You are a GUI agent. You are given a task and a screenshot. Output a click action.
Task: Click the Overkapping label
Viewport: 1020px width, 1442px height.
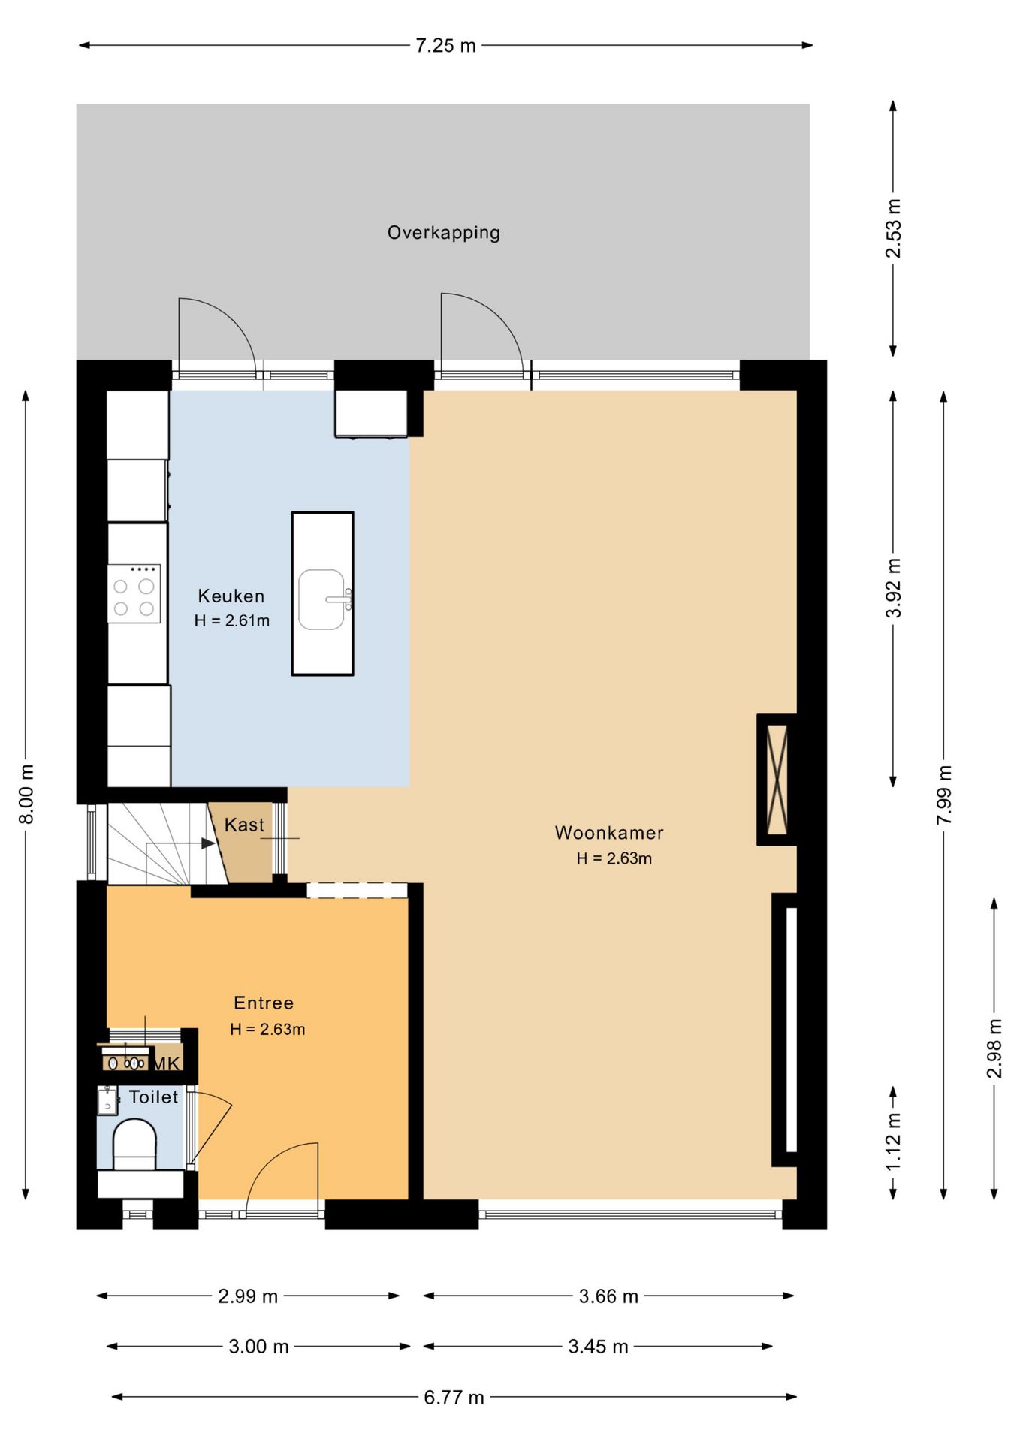point(443,233)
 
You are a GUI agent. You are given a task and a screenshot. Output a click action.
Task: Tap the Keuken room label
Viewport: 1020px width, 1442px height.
point(231,596)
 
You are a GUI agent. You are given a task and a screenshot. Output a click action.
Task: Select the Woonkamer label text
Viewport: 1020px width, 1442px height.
point(609,832)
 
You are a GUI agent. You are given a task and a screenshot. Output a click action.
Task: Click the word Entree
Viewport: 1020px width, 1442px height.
point(264,1003)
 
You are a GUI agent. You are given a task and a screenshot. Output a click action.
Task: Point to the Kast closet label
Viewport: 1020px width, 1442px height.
point(244,825)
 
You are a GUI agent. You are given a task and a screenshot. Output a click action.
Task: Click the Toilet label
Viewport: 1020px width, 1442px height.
point(153,1097)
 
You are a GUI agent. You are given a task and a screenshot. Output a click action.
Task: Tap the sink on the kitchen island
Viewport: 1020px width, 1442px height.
point(323,599)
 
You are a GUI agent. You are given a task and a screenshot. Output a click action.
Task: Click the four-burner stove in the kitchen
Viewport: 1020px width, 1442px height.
point(134,593)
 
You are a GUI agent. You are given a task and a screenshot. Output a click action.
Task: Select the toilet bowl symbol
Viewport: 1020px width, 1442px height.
point(134,1145)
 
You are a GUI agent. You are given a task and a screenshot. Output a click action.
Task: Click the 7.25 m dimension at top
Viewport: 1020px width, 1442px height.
point(445,46)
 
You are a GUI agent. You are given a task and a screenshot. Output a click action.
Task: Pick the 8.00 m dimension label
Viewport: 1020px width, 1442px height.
point(26,794)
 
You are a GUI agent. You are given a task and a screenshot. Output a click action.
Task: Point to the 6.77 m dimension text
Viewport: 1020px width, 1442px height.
point(454,1397)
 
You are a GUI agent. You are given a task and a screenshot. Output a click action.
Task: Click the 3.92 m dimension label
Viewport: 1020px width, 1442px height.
point(893,588)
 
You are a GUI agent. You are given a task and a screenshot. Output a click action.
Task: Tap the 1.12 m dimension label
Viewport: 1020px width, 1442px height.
point(893,1142)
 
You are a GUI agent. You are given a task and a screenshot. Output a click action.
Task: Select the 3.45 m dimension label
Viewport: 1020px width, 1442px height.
point(598,1346)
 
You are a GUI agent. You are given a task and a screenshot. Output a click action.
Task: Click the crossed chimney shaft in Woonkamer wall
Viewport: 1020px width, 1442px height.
point(777,780)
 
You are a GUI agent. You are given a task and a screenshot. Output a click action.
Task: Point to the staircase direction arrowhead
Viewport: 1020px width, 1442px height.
point(209,843)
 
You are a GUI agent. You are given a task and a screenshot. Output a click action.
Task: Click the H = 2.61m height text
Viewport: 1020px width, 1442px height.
point(231,620)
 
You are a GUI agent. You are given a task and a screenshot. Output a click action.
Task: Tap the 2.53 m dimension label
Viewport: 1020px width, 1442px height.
point(893,228)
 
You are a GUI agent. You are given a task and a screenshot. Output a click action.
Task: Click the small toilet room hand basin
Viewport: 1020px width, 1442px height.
point(108,1101)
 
